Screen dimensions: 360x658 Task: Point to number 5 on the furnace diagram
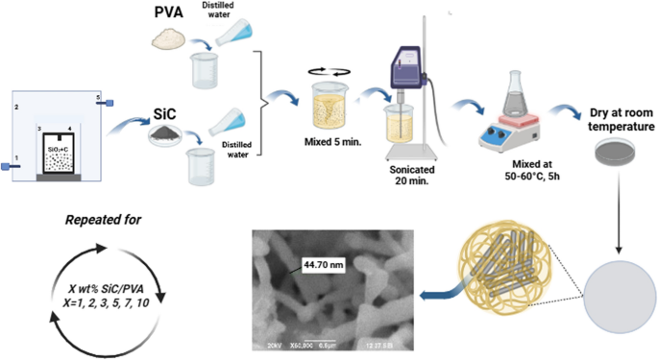coord(98,97)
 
